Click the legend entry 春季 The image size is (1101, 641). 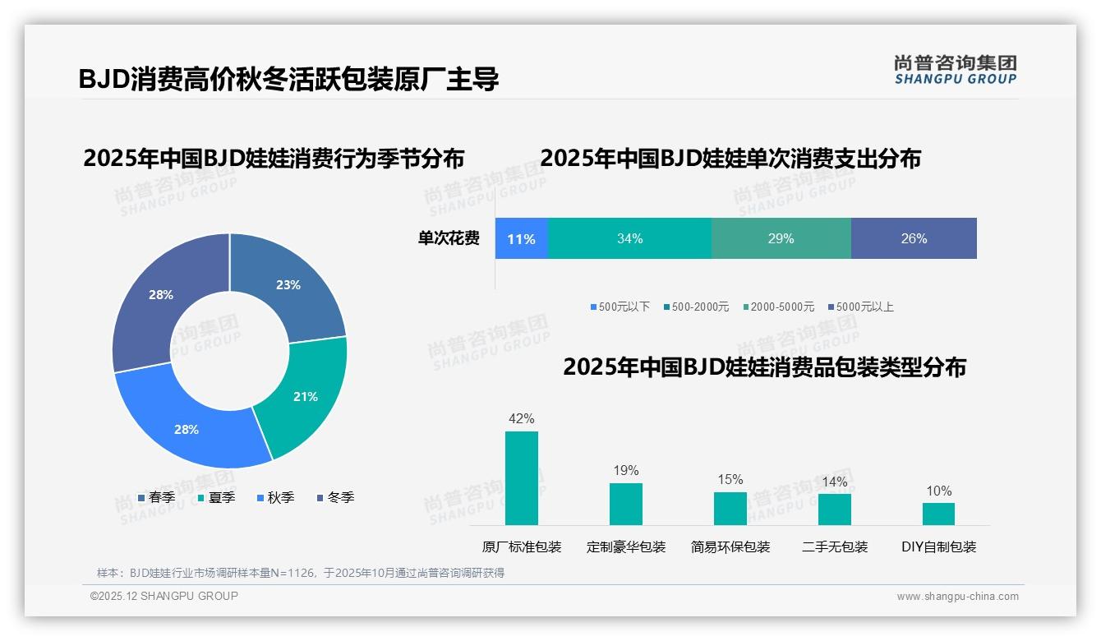[156, 497]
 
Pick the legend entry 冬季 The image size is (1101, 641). [334, 497]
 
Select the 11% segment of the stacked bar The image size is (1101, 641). [521, 238]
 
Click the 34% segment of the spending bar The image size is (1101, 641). [629, 238]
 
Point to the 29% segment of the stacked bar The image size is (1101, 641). [781, 238]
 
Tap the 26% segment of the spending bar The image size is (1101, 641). [914, 238]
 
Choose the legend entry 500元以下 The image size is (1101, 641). [620, 307]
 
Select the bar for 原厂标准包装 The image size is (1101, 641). [522, 477]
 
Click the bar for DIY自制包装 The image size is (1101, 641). [938, 514]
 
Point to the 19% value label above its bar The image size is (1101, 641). [626, 470]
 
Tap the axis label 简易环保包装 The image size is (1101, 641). [730, 546]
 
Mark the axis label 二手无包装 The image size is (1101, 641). [835, 546]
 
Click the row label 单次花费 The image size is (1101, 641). [449, 238]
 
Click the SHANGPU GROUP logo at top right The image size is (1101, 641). [955, 70]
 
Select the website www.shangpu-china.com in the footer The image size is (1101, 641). [957, 596]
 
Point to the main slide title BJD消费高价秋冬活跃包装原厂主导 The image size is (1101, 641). [288, 79]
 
